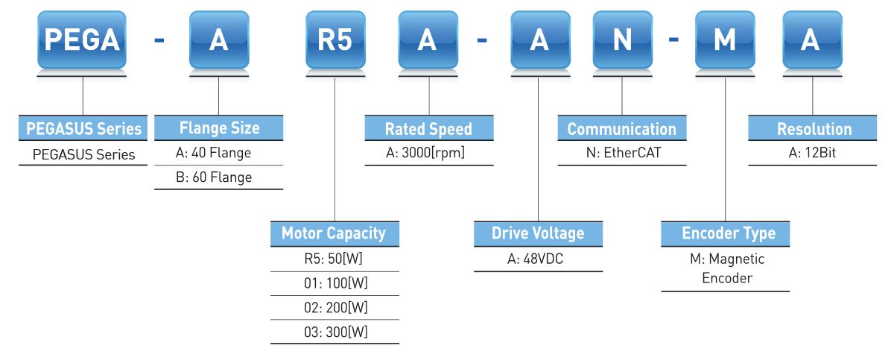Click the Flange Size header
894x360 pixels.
click(x=218, y=128)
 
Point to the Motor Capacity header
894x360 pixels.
click(x=334, y=233)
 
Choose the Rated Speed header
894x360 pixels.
click(x=428, y=129)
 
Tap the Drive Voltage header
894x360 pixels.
click(x=539, y=233)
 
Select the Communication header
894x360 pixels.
click(x=621, y=129)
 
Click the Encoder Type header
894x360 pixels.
click(x=725, y=233)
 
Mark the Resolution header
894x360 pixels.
click(x=814, y=129)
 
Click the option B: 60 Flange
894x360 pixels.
click(x=218, y=177)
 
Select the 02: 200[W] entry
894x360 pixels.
click(x=334, y=306)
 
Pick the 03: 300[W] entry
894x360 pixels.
click(x=334, y=330)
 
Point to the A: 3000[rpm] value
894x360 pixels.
click(x=428, y=154)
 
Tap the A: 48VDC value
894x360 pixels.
click(x=539, y=259)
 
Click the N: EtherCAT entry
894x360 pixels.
click(x=621, y=154)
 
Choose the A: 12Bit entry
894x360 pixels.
click(x=814, y=154)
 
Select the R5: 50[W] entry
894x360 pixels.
click(x=334, y=259)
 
